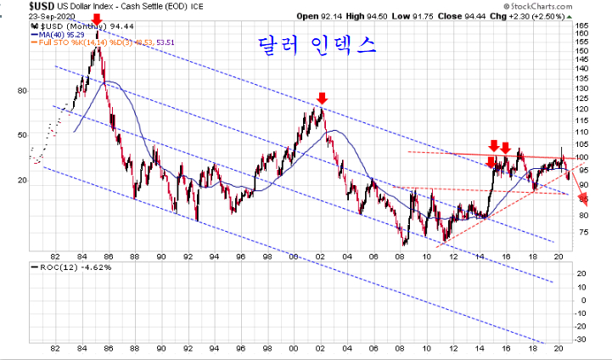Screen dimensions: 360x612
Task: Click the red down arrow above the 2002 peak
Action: click(321, 98)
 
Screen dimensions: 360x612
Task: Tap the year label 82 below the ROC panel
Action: click(55, 350)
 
